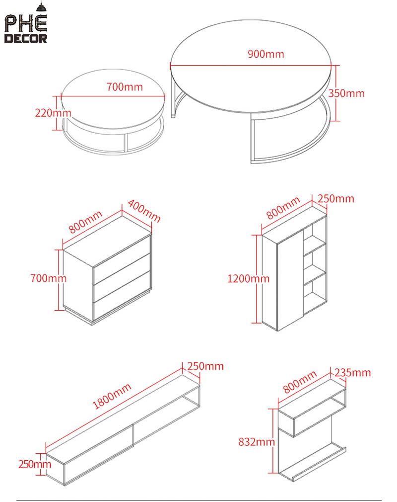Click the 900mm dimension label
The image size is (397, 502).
coord(266,54)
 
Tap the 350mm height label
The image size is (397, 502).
coord(346,93)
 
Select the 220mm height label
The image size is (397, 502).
coord(53,113)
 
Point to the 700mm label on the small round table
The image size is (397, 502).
coord(125,87)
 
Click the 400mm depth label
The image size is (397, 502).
coord(144,211)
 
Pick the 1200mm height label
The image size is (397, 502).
coord(248,278)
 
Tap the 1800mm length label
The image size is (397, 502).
coord(112,396)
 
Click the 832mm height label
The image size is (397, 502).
coord(257,442)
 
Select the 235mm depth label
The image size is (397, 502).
coord(352,373)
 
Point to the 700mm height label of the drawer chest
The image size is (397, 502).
coord(49,278)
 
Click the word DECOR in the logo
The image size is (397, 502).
coord(26,38)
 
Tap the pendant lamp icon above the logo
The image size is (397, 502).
coord(41,7)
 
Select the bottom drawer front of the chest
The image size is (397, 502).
coord(122,296)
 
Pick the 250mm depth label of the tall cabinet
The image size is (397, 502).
coord(336,199)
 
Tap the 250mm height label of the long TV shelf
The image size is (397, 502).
coord(35,464)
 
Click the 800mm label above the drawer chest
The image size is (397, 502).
coord(86,222)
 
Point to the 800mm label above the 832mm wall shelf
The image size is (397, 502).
coord(300,382)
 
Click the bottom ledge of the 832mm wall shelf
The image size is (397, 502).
coord(313,461)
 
